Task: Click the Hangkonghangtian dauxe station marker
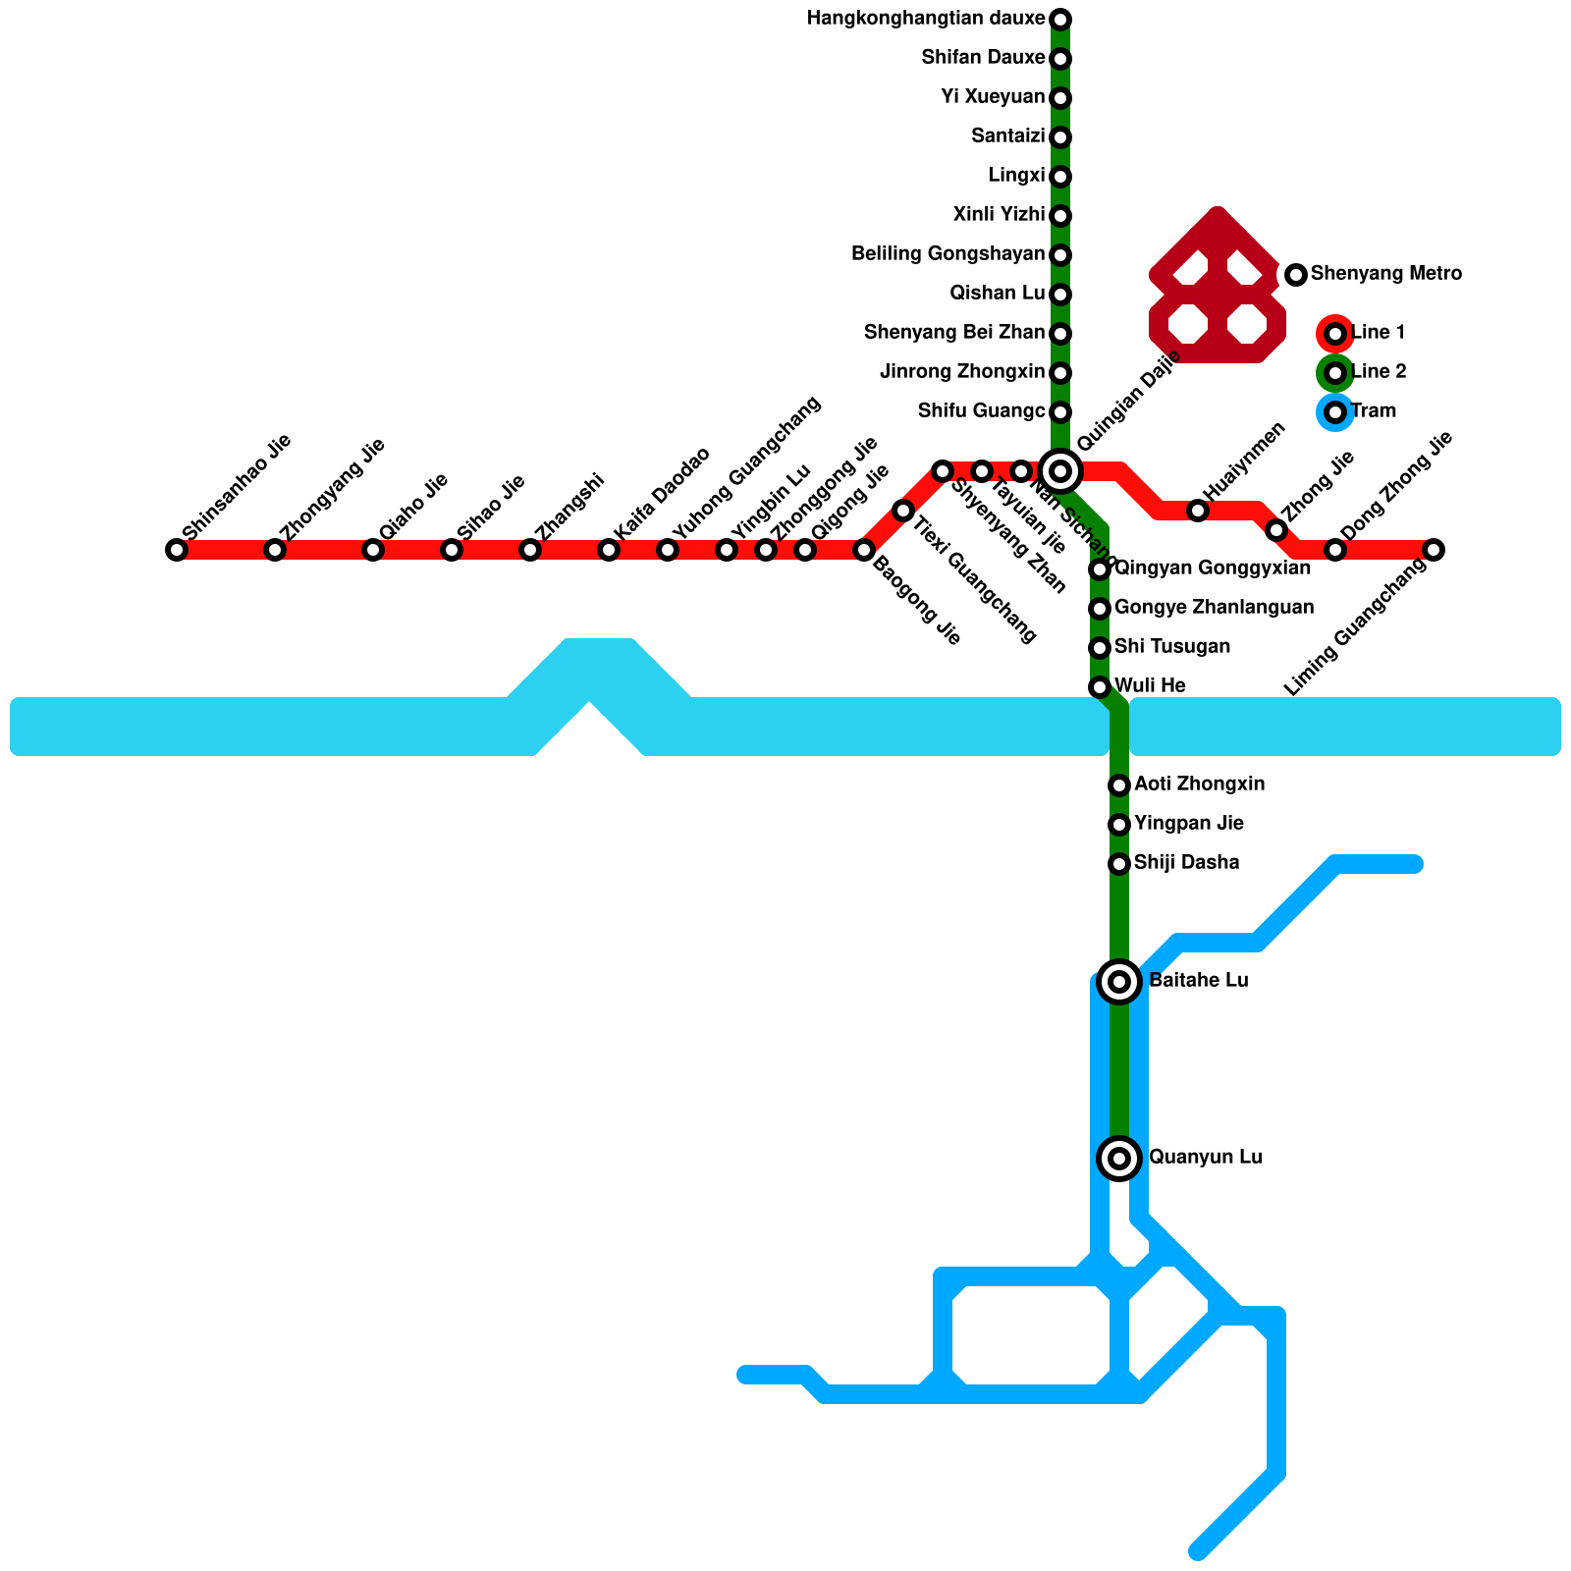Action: (1060, 20)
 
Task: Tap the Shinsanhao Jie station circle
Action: (177, 550)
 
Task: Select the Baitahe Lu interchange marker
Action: (1119, 981)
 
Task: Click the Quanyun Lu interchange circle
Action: (1119, 1158)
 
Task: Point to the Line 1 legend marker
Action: (1334, 334)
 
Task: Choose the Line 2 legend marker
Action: (1334, 373)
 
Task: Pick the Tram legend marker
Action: (1334, 412)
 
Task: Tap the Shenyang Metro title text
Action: (1385, 274)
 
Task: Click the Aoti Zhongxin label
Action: (1199, 785)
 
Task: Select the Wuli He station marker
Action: (1100, 687)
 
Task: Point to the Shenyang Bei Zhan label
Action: (954, 333)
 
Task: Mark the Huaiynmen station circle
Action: (1198, 511)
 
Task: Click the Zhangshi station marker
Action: (530, 550)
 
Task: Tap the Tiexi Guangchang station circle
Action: (903, 511)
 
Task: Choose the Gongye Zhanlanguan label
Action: (1214, 608)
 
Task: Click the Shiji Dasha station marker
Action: (1119, 864)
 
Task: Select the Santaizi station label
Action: (1007, 136)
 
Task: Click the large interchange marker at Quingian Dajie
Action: (1060, 471)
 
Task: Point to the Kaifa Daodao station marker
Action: (609, 550)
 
